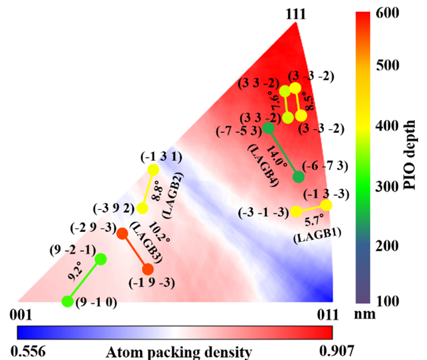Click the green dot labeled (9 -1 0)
click(x=67, y=301)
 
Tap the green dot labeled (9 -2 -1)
click(x=101, y=259)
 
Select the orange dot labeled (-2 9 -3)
click(x=121, y=233)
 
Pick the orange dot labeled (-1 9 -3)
click(x=148, y=269)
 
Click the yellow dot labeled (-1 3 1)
click(x=153, y=169)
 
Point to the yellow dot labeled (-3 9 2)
click(x=143, y=208)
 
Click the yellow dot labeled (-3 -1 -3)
click(x=296, y=212)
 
